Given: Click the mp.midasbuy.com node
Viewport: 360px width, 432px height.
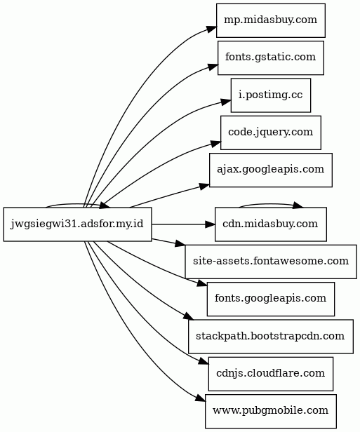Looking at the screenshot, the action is coord(271,20).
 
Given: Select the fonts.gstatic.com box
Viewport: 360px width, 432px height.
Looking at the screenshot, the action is coord(271,58).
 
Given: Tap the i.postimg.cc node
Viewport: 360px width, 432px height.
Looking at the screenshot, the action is coord(271,95).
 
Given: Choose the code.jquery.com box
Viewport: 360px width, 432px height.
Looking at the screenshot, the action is coord(271,133).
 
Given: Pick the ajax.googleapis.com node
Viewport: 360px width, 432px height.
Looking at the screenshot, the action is coord(271,170).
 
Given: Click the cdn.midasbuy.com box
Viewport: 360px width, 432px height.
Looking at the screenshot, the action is coord(271,224).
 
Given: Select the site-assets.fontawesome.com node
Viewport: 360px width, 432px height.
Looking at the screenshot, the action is coord(271,262).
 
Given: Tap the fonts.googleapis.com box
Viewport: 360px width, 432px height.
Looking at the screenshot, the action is coord(271,299).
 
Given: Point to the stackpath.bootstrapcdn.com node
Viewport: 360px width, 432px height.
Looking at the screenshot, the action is coord(271,337).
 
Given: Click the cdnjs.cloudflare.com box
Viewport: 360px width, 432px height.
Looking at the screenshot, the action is coord(271,374).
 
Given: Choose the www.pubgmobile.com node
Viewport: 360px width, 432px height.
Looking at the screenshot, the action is coord(271,412).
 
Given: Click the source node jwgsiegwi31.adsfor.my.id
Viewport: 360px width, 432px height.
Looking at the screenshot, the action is coord(77,224).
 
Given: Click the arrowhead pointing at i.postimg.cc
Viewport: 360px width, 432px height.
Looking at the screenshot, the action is coord(226,102).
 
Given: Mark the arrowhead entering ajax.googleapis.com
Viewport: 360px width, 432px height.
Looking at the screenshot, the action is coord(204,187).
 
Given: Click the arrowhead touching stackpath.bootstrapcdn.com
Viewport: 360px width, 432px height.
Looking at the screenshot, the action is coord(189,317).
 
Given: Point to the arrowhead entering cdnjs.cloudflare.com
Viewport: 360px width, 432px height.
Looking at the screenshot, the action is coord(204,362).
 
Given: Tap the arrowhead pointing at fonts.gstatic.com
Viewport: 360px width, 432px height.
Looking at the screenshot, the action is coord(213,67).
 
